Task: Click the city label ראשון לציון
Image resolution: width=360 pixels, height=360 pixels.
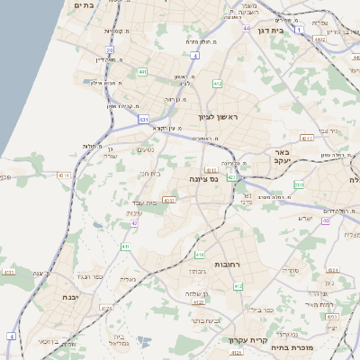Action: click(219, 117)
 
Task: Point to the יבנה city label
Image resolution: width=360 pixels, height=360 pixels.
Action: click(73, 297)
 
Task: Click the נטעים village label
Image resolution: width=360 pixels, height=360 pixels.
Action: click(145, 149)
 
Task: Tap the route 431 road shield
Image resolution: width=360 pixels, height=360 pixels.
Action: click(143, 118)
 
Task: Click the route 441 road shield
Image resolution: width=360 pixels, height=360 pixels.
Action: click(143, 72)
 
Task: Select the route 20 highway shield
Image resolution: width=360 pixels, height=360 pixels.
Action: click(110, 50)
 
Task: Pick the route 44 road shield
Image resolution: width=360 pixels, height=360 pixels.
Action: click(246, 29)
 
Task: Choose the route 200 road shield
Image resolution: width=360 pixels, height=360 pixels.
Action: click(299, 184)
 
